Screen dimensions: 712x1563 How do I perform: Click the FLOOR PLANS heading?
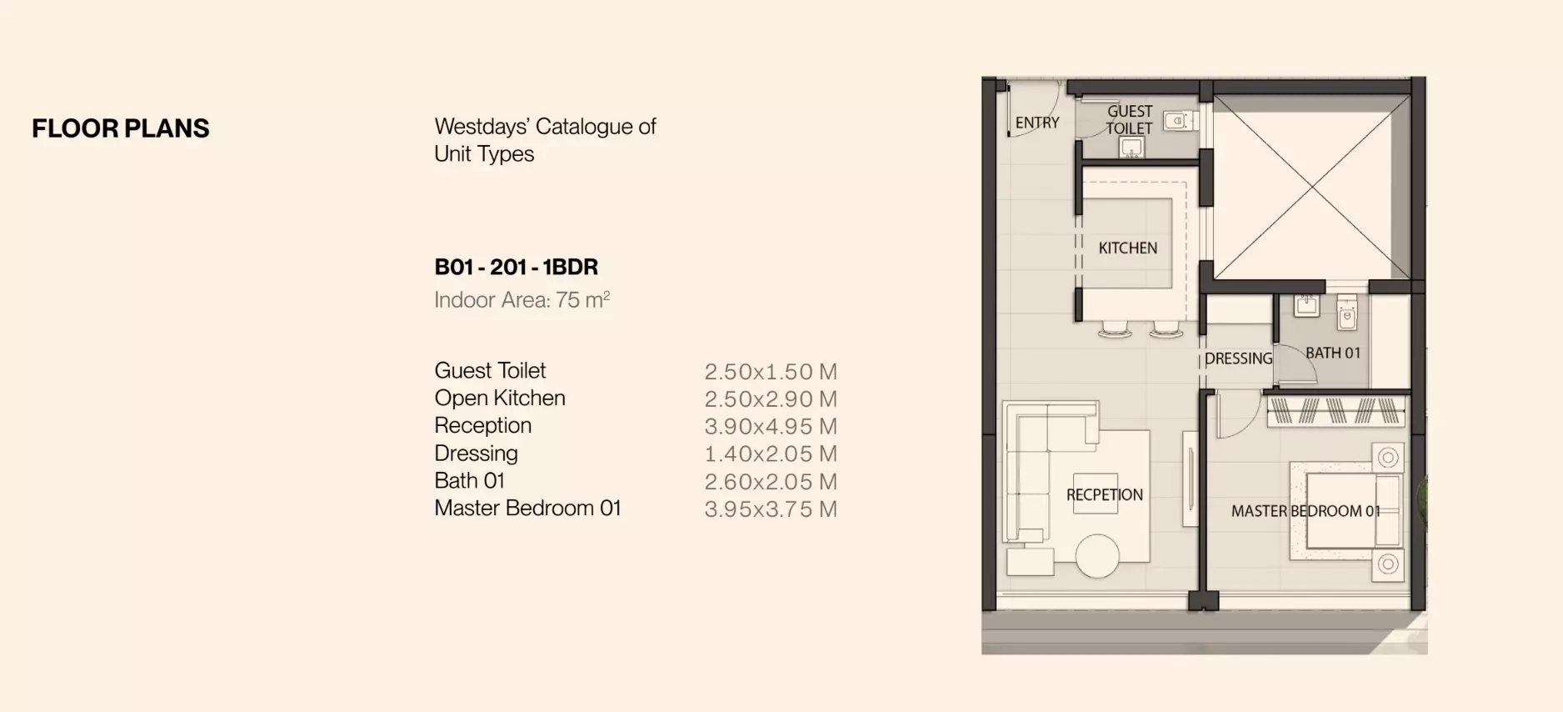[121, 128]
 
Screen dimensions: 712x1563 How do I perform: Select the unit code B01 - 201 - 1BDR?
[516, 267]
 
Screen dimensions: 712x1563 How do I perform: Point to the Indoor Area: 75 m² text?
[522, 300]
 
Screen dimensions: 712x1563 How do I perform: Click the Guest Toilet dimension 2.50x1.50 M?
[770, 372]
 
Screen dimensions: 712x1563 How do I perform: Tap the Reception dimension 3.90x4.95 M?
[770, 427]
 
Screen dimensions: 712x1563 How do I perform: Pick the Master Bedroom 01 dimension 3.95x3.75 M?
[770, 509]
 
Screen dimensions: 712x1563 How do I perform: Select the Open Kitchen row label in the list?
[499, 399]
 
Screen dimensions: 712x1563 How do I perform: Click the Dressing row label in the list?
[476, 454]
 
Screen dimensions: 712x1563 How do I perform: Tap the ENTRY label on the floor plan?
[1036, 123]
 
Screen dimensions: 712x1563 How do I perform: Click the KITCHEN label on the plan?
[1127, 248]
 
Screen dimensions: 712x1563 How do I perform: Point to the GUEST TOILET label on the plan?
[1129, 119]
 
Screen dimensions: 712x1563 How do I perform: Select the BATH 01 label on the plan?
[1332, 353]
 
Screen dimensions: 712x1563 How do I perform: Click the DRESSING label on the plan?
[1238, 359]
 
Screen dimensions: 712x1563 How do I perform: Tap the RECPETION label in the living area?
[1104, 495]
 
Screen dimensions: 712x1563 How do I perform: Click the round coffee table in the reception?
[1097, 556]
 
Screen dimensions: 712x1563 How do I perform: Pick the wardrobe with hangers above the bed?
[1335, 411]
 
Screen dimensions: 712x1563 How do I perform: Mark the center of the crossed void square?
[1311, 187]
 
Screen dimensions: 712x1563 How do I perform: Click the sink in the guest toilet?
[1131, 148]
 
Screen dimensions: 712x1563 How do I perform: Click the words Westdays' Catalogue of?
[545, 127]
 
